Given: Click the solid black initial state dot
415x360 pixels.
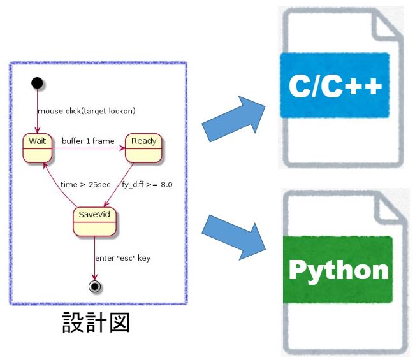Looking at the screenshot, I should (x=38, y=82).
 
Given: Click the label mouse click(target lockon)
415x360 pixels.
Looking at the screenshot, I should (x=87, y=111).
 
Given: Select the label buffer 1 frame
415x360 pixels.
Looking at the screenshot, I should (x=88, y=140).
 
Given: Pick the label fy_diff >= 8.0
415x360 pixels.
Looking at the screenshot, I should (x=147, y=185).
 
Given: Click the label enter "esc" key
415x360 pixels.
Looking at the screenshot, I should (x=122, y=258).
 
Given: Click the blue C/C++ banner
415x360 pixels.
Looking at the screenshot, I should (x=335, y=85).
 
